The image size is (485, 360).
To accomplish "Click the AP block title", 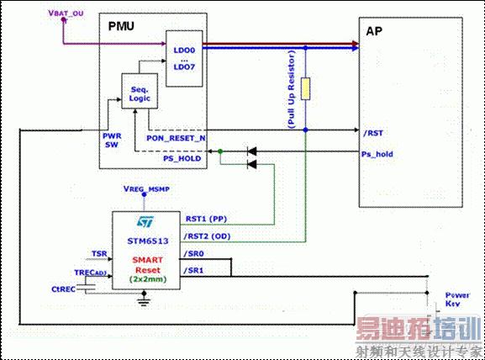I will [x=375, y=30].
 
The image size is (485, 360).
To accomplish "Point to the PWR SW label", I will [x=113, y=140].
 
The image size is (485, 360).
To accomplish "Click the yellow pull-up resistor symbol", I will [x=306, y=88].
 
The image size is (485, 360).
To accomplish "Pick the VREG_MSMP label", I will [x=148, y=190].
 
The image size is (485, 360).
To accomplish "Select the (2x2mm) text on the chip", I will [x=148, y=278].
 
